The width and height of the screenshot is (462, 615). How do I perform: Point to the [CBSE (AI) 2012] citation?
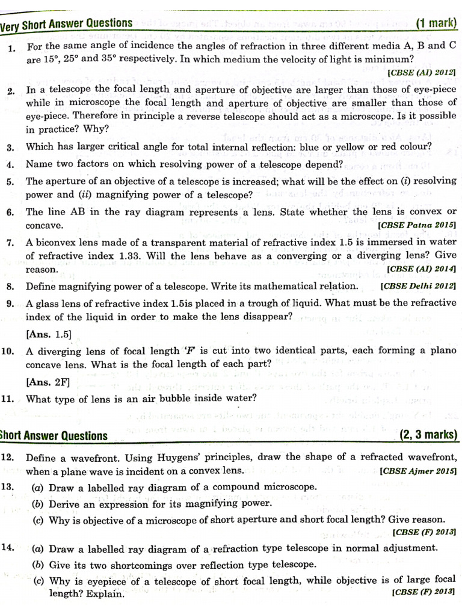(422, 72)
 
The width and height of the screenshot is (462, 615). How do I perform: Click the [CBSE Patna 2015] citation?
(416, 225)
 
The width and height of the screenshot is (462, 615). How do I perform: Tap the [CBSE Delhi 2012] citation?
(418, 286)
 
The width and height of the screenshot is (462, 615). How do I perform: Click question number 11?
(8, 398)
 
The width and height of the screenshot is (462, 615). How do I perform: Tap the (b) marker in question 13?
(38, 504)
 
